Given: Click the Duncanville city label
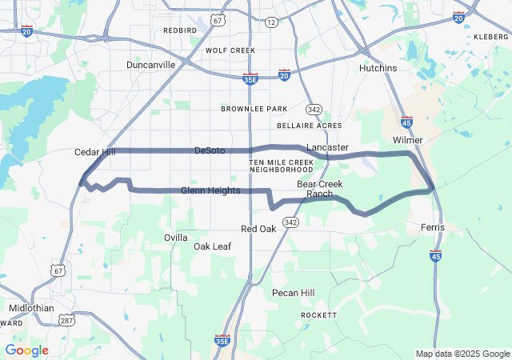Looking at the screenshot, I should coord(150,65).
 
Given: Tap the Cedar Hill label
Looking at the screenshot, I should coord(94,152).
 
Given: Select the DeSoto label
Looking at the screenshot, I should coord(210,150).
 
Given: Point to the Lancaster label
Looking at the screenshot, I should coord(327,148).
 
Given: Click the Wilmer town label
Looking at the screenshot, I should coord(408,140).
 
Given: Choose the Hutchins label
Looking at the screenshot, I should coord(378,69).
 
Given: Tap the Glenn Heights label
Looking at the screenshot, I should coord(210,190).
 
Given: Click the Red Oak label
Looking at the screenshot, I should coord(258,229).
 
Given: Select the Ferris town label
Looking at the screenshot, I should coord(433,228).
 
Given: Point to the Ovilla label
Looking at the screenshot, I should coord(176,238).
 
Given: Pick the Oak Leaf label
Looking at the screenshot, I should coord(212,246).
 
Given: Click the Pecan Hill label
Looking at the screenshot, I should coord(293,293).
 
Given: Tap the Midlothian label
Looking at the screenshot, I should coord(32,308).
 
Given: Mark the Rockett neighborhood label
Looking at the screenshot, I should coord(318,316).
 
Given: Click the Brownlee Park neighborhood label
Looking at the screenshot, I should coord(254,109).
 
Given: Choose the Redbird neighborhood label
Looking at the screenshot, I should coord(179,30).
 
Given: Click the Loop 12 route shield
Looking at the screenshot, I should coord(272,22).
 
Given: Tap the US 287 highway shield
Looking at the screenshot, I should coord(66,320).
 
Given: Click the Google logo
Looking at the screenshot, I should coord(26,350).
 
